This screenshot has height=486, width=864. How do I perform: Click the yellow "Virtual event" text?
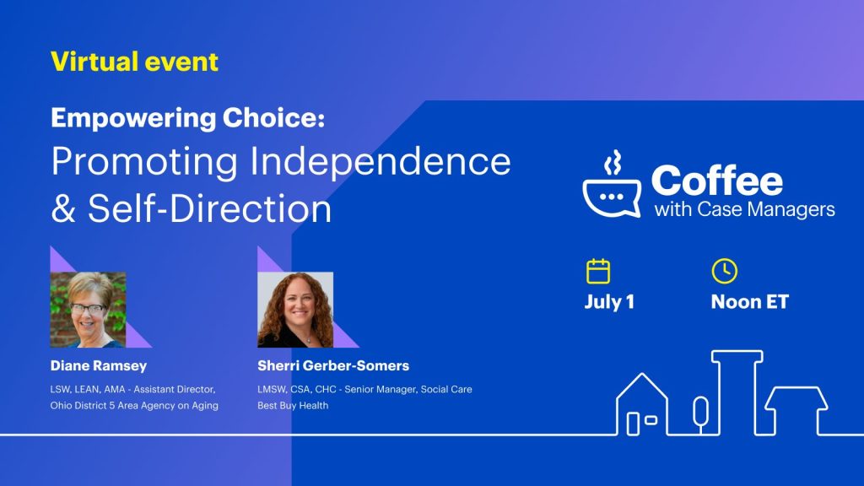click(134, 61)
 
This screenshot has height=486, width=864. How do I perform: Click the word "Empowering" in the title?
click(133, 118)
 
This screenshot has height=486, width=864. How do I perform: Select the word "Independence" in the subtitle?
click(381, 162)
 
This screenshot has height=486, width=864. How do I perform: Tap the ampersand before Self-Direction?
click(63, 208)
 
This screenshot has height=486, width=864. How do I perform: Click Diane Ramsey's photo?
click(88, 310)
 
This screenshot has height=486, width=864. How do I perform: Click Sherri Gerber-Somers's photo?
click(295, 310)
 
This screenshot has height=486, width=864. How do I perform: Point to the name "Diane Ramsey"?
click(99, 366)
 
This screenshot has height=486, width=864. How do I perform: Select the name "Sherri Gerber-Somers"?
click(333, 366)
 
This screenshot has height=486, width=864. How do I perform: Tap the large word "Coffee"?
click(717, 181)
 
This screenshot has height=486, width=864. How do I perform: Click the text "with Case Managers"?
click(744, 209)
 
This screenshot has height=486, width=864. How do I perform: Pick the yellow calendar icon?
click(598, 271)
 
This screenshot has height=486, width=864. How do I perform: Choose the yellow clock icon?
click(725, 271)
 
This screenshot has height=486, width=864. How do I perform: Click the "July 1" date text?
click(609, 302)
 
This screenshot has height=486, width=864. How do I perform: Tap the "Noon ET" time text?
click(750, 302)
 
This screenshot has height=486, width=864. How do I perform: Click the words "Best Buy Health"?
click(293, 406)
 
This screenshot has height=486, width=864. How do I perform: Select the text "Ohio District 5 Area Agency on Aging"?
click(134, 406)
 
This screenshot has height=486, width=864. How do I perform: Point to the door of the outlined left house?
click(633, 424)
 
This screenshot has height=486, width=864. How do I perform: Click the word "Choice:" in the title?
click(274, 118)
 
